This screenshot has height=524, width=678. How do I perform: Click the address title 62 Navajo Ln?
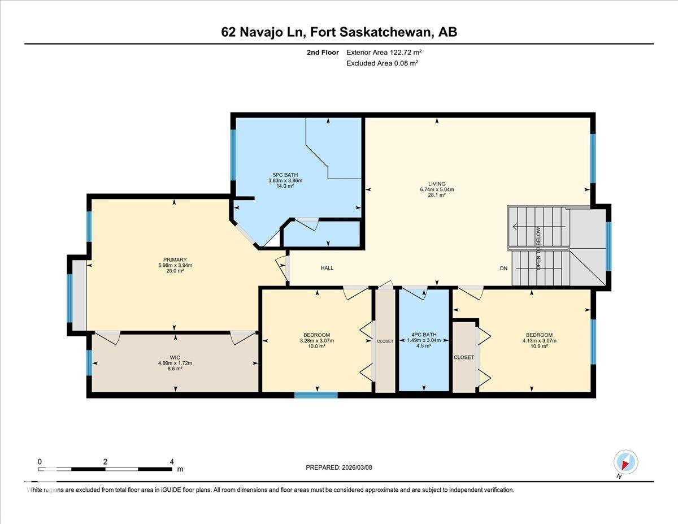(339, 32)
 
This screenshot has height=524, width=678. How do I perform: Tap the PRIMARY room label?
(172, 260)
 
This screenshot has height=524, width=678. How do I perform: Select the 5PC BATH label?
(285, 175)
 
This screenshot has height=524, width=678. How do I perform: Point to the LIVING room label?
(436, 184)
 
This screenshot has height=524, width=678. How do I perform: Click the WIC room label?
(175, 357)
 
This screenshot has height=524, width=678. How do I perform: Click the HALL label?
(327, 268)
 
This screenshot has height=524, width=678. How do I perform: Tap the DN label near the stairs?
(503, 269)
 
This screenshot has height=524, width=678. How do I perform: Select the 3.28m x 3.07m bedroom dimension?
(316, 341)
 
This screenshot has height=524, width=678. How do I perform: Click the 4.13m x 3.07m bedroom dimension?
(539, 341)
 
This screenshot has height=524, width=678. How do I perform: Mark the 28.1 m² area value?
(436, 195)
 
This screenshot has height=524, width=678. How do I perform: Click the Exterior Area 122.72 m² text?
(384, 52)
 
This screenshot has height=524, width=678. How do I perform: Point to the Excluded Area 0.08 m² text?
(382, 63)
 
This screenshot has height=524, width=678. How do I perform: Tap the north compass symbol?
(625, 462)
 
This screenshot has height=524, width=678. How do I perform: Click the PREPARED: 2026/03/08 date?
(339, 467)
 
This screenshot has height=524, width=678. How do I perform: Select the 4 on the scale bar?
(172, 461)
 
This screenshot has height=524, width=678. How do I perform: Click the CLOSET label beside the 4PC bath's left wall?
(385, 341)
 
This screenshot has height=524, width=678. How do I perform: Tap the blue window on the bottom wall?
(316, 395)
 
